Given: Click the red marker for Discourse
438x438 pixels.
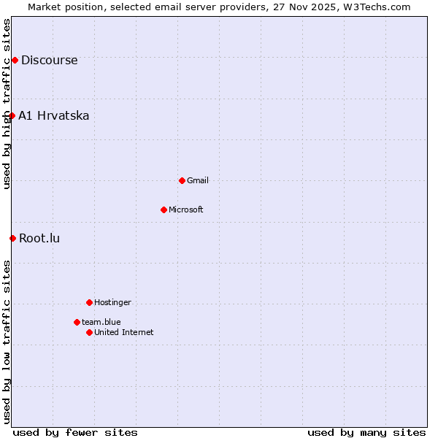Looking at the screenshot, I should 15,60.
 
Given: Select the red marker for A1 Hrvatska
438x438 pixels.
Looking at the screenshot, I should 12,115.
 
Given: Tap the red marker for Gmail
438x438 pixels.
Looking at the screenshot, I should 182,180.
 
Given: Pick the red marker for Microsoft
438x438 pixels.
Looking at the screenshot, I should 164,210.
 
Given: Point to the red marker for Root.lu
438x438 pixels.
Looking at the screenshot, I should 12,238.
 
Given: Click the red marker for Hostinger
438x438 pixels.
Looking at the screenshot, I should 89,302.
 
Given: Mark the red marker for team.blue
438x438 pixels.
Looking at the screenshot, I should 77,322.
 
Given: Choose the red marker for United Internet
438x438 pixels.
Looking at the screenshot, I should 89,332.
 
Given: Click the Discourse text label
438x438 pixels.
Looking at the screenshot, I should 49,60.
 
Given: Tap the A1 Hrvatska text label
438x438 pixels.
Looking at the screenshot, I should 53,115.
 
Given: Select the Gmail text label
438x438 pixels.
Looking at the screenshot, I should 197,180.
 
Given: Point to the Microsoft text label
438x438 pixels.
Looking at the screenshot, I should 185,210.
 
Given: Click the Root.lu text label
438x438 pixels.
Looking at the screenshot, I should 39,238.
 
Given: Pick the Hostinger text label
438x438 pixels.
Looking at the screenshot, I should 112,302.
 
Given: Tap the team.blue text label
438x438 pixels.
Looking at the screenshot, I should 101,322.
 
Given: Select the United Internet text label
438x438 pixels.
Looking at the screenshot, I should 123,332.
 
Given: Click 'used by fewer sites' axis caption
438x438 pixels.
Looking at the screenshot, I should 75,432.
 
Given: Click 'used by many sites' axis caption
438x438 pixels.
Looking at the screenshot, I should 366,432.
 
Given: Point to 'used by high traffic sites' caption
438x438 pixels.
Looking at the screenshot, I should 7,104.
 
